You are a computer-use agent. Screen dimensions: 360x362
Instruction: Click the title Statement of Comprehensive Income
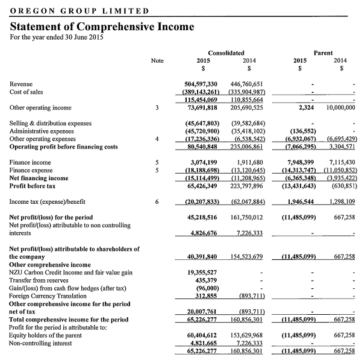click(x=102, y=27)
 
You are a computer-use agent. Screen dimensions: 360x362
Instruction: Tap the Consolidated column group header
click(x=226, y=53)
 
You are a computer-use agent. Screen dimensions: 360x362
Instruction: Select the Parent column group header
click(x=323, y=53)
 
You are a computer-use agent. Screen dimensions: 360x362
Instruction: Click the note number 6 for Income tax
click(x=157, y=201)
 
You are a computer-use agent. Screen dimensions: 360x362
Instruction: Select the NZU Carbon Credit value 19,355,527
click(x=206, y=272)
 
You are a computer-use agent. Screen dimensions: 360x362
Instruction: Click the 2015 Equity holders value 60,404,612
click(x=206, y=335)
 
